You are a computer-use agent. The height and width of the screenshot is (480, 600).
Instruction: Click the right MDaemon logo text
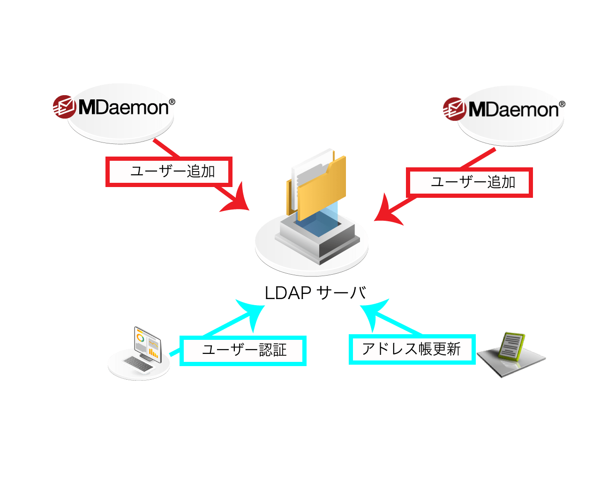tap(514, 110)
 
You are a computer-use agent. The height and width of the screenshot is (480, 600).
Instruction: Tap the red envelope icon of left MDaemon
tap(64, 107)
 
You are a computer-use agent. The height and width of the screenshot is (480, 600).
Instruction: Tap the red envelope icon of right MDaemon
tap(454, 109)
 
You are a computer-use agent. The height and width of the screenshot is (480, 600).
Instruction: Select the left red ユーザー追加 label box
tap(169, 172)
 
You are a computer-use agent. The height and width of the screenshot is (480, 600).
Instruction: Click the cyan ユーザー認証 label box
tap(243, 350)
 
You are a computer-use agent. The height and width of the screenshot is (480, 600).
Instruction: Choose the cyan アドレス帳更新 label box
tap(412, 349)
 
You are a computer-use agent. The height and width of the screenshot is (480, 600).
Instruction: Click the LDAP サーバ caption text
tap(315, 293)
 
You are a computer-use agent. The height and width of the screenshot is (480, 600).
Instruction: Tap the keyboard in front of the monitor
tap(138, 364)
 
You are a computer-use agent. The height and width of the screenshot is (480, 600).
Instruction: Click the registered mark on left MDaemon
tap(172, 101)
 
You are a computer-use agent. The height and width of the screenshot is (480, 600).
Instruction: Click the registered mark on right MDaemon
tap(562, 104)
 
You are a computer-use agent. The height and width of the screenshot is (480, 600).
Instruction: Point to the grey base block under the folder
tap(319, 244)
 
